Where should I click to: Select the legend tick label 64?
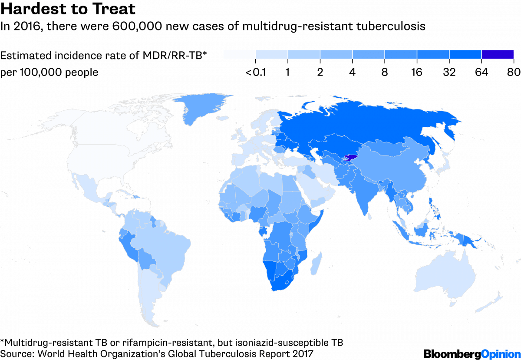tap(481, 73)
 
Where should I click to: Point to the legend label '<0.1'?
tap(256, 73)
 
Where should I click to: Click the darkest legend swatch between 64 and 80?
tap(498, 54)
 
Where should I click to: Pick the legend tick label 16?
tap(416, 73)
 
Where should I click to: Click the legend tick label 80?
tap(514, 73)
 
